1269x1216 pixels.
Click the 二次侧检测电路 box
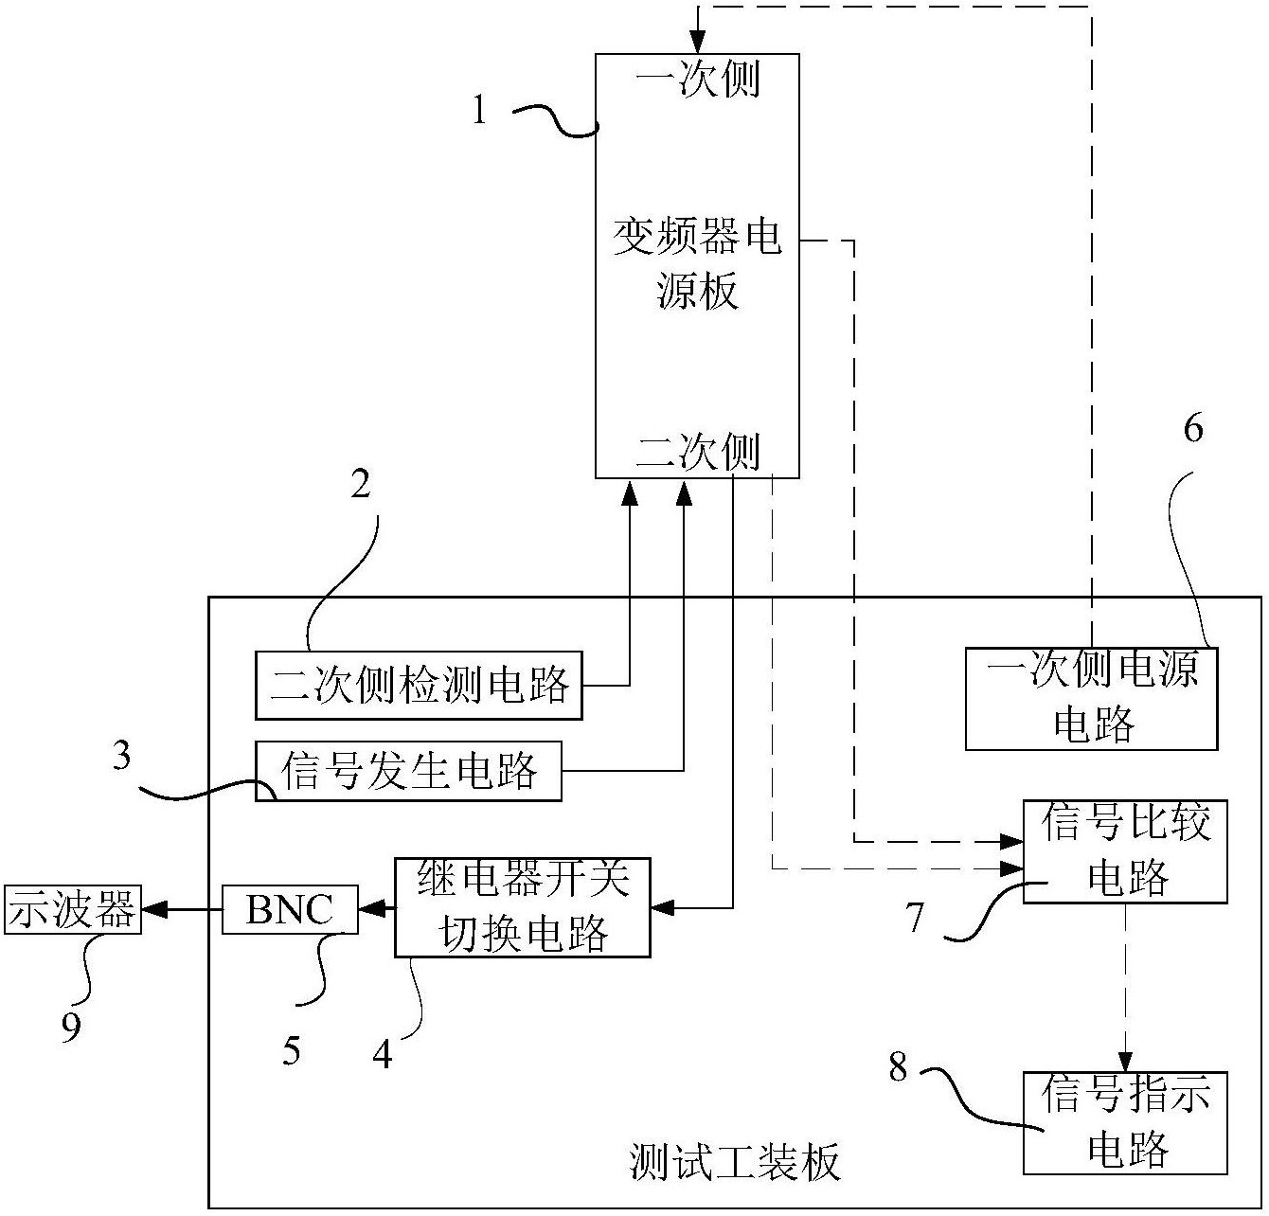419,684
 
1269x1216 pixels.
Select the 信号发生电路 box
408,771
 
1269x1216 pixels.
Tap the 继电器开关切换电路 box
522,907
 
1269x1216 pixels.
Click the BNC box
290,909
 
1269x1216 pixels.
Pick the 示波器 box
73,910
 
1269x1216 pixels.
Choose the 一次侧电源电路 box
1091,698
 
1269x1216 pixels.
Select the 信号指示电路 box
1125,1123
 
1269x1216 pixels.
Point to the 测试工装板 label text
735,1161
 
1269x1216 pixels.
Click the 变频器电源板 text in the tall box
697,263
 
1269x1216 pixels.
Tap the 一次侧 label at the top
698,79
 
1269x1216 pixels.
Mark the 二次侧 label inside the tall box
698,453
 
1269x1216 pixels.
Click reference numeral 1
480,112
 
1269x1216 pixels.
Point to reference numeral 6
1193,429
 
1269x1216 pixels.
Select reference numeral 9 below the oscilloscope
71,1028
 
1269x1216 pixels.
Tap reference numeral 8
898,1067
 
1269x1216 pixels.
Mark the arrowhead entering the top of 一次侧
698,43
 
